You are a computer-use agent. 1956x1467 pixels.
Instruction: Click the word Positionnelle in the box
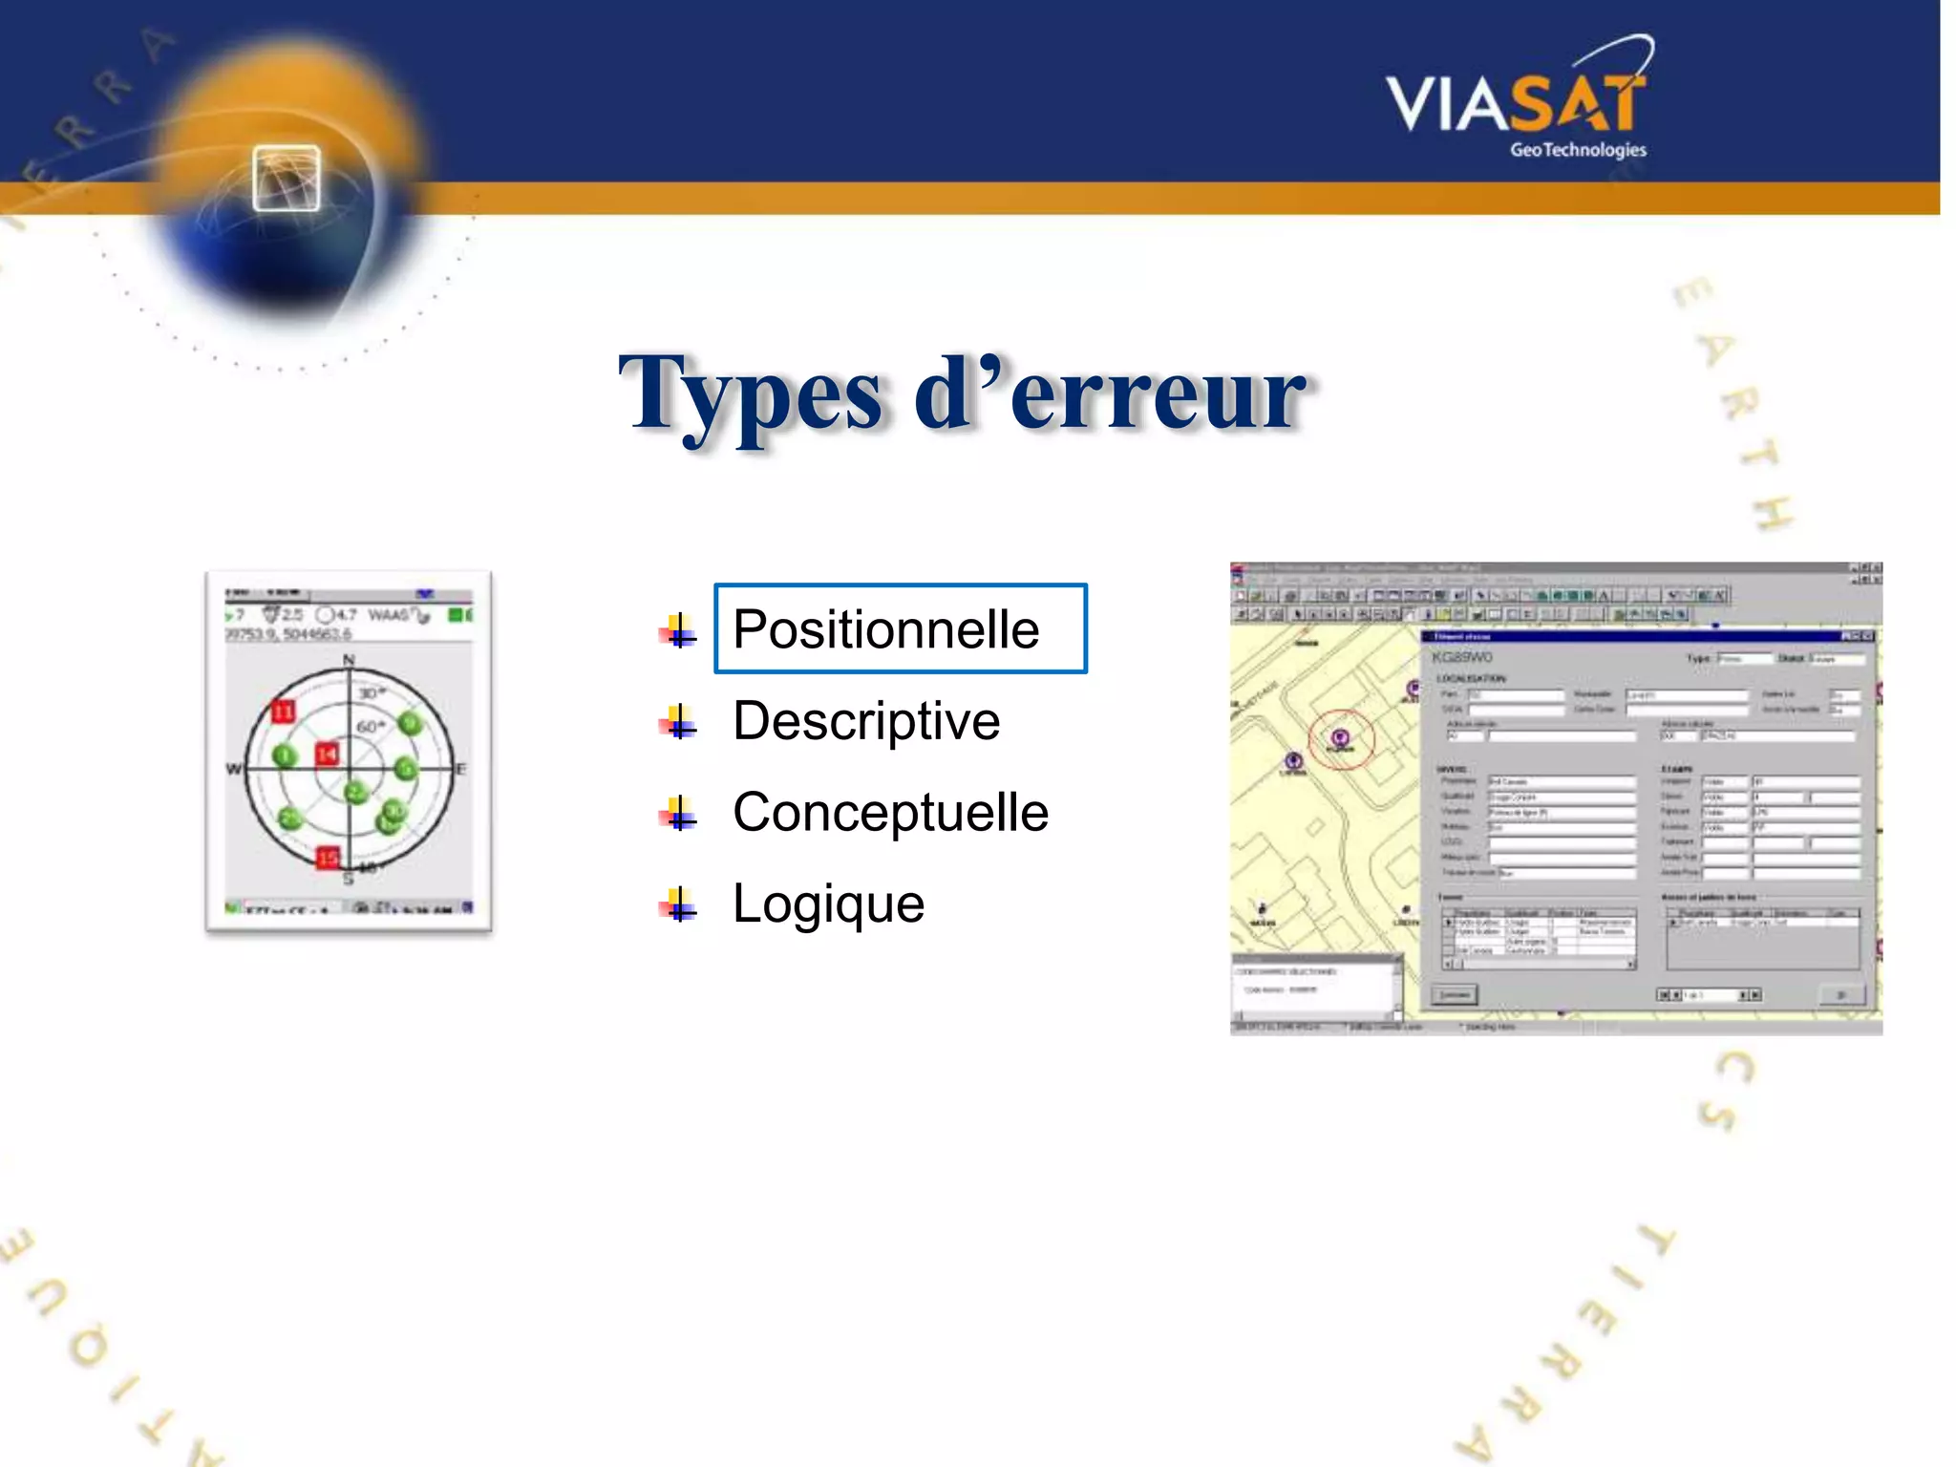pyautogui.click(x=885, y=629)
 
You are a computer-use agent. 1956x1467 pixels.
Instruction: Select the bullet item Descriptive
pyautogui.click(x=865, y=720)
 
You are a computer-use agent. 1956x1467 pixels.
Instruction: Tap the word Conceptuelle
pyautogui.click(x=890, y=812)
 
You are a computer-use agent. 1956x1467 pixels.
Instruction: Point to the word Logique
pyautogui.click(x=828, y=904)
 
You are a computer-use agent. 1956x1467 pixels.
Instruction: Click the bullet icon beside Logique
pyautogui.click(x=677, y=904)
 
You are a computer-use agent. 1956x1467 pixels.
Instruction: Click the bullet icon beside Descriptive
pyautogui.click(x=677, y=722)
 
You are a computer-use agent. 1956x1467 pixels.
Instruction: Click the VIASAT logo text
pyautogui.click(x=1516, y=103)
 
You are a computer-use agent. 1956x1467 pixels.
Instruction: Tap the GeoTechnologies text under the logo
pyautogui.click(x=1578, y=150)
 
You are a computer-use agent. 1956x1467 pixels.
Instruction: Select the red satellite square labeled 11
pyautogui.click(x=284, y=712)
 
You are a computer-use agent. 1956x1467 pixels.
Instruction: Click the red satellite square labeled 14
pyautogui.click(x=327, y=755)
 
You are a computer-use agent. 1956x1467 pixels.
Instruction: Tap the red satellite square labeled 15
pyautogui.click(x=328, y=857)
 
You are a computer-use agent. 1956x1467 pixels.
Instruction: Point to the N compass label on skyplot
pyautogui.click(x=349, y=660)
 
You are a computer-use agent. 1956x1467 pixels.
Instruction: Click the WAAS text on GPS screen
pyautogui.click(x=388, y=614)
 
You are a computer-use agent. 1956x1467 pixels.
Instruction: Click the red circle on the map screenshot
pyautogui.click(x=1341, y=738)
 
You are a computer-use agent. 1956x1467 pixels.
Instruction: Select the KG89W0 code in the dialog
pyautogui.click(x=1461, y=657)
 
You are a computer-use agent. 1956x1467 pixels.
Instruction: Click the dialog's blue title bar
pyautogui.click(x=1624, y=636)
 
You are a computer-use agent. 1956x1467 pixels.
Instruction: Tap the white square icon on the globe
pyautogui.click(x=287, y=178)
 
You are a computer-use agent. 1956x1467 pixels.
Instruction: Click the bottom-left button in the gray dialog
pyautogui.click(x=1455, y=995)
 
